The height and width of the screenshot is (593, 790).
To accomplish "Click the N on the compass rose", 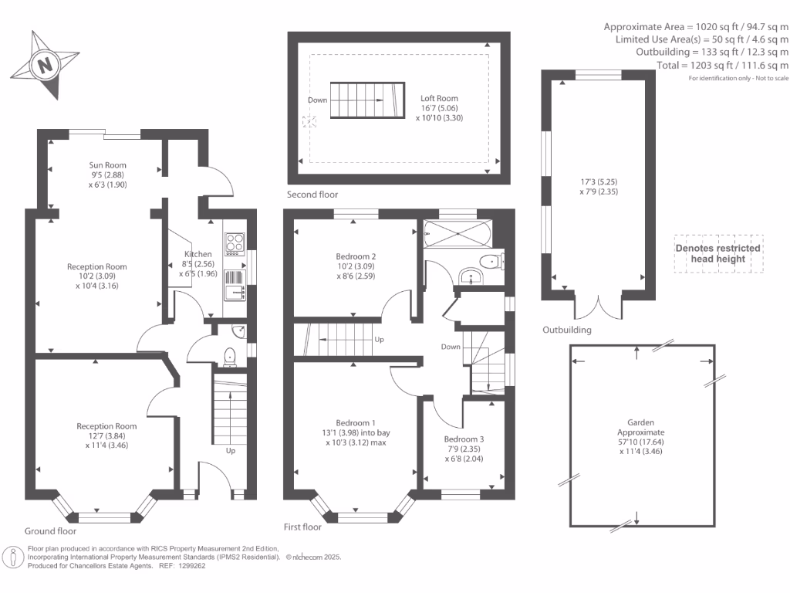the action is [45, 65].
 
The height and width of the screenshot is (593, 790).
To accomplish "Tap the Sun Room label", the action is [107, 165].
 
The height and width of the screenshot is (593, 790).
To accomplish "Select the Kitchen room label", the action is [198, 254].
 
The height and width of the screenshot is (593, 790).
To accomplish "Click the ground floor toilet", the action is [229, 357].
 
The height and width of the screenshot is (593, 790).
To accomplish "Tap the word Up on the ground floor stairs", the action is [230, 451].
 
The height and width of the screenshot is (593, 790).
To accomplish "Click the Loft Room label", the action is [439, 98].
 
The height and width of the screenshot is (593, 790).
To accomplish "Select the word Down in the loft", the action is [317, 100].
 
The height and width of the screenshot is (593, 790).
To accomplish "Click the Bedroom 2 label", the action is [356, 256].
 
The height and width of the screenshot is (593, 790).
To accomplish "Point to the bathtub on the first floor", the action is [457, 233].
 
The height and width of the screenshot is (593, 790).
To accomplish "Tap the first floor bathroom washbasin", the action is [471, 276].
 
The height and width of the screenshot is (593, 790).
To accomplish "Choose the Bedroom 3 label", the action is [464, 439].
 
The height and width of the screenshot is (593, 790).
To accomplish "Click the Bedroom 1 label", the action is [356, 423].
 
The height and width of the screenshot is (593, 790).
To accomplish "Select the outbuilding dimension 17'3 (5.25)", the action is [599, 181].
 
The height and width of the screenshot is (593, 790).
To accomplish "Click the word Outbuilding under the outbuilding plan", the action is [567, 330].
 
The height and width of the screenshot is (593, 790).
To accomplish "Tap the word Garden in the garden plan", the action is [641, 422].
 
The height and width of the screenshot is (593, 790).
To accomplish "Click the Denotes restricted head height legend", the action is [718, 253].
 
